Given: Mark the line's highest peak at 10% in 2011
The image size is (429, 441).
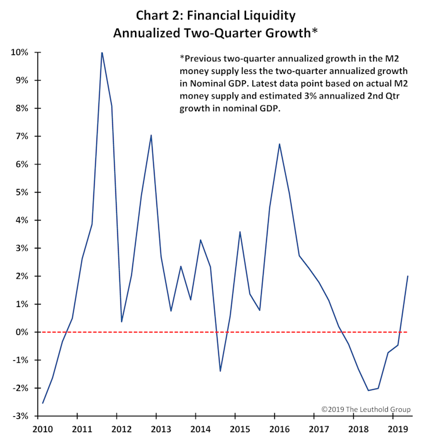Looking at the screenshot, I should click(102, 52).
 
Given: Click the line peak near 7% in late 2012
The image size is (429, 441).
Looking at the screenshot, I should click(151, 135).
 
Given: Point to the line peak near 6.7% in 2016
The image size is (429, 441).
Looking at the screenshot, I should click(279, 144).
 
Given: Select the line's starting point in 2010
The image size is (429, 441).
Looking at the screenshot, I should click(42, 403).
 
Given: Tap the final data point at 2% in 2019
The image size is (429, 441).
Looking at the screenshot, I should click(408, 276).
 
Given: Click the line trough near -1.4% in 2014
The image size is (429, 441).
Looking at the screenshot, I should click(220, 371).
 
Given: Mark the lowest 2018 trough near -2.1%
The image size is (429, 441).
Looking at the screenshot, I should click(368, 390).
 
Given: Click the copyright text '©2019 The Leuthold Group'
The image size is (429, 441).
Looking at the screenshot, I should click(365, 409).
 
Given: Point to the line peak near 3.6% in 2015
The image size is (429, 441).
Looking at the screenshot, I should click(240, 232).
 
